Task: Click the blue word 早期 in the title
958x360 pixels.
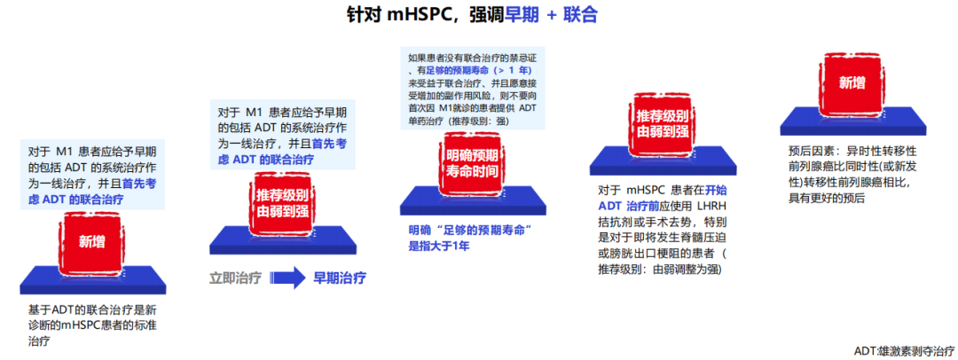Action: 522,15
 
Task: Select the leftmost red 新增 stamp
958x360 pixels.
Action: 92,241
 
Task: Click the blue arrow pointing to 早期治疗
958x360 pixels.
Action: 287,278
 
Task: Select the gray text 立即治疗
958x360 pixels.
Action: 235,278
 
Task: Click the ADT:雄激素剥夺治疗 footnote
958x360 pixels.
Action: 904,351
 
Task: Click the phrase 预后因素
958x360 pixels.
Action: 810,150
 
